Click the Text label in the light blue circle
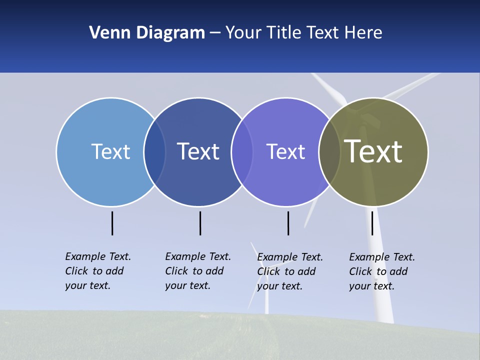coord(110,151)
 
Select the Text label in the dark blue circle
coord(198,151)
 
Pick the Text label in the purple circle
coord(285,151)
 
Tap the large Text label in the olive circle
coord(373,151)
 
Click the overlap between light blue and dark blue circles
coord(154,152)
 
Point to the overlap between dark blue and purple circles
coord(242,152)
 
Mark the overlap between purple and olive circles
coord(329,152)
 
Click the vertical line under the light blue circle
coord(112,223)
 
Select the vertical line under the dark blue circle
coord(200,223)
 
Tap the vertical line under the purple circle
coord(288,223)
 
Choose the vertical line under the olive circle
coord(372,223)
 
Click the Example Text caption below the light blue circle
coord(97,271)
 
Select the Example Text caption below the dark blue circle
coord(197,271)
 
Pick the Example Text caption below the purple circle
coord(289,271)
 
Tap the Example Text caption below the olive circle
coord(381,271)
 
